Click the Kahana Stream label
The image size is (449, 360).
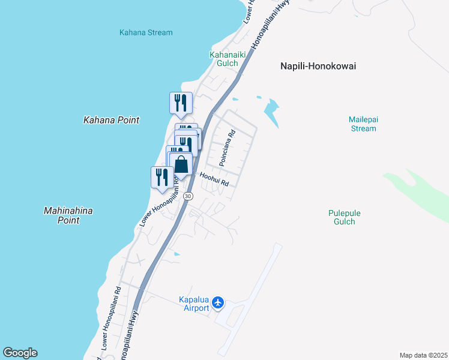point(146,32)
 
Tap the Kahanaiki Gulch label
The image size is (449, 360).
point(224,58)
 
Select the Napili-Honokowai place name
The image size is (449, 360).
point(318,66)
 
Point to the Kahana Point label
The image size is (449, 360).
point(111,120)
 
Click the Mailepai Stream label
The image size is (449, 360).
point(363,124)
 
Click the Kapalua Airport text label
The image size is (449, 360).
point(196,304)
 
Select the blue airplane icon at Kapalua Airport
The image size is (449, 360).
point(218,304)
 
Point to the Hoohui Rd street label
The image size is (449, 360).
point(214,179)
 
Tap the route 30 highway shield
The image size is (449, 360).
point(188,196)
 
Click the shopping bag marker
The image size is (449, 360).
point(181,163)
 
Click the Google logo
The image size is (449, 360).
point(20,353)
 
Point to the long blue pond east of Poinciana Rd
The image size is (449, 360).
point(272,111)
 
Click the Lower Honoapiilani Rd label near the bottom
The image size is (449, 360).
point(112,318)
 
